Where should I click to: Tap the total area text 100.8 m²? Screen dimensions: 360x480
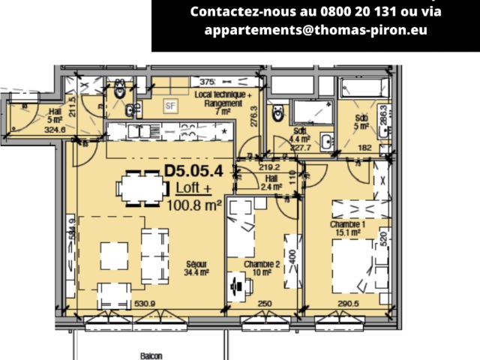tap(194, 204)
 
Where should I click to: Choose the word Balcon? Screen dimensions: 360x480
tap(151, 357)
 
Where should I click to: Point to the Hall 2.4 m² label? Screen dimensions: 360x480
tap(272, 182)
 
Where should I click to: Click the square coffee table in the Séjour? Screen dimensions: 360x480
tap(115, 256)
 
